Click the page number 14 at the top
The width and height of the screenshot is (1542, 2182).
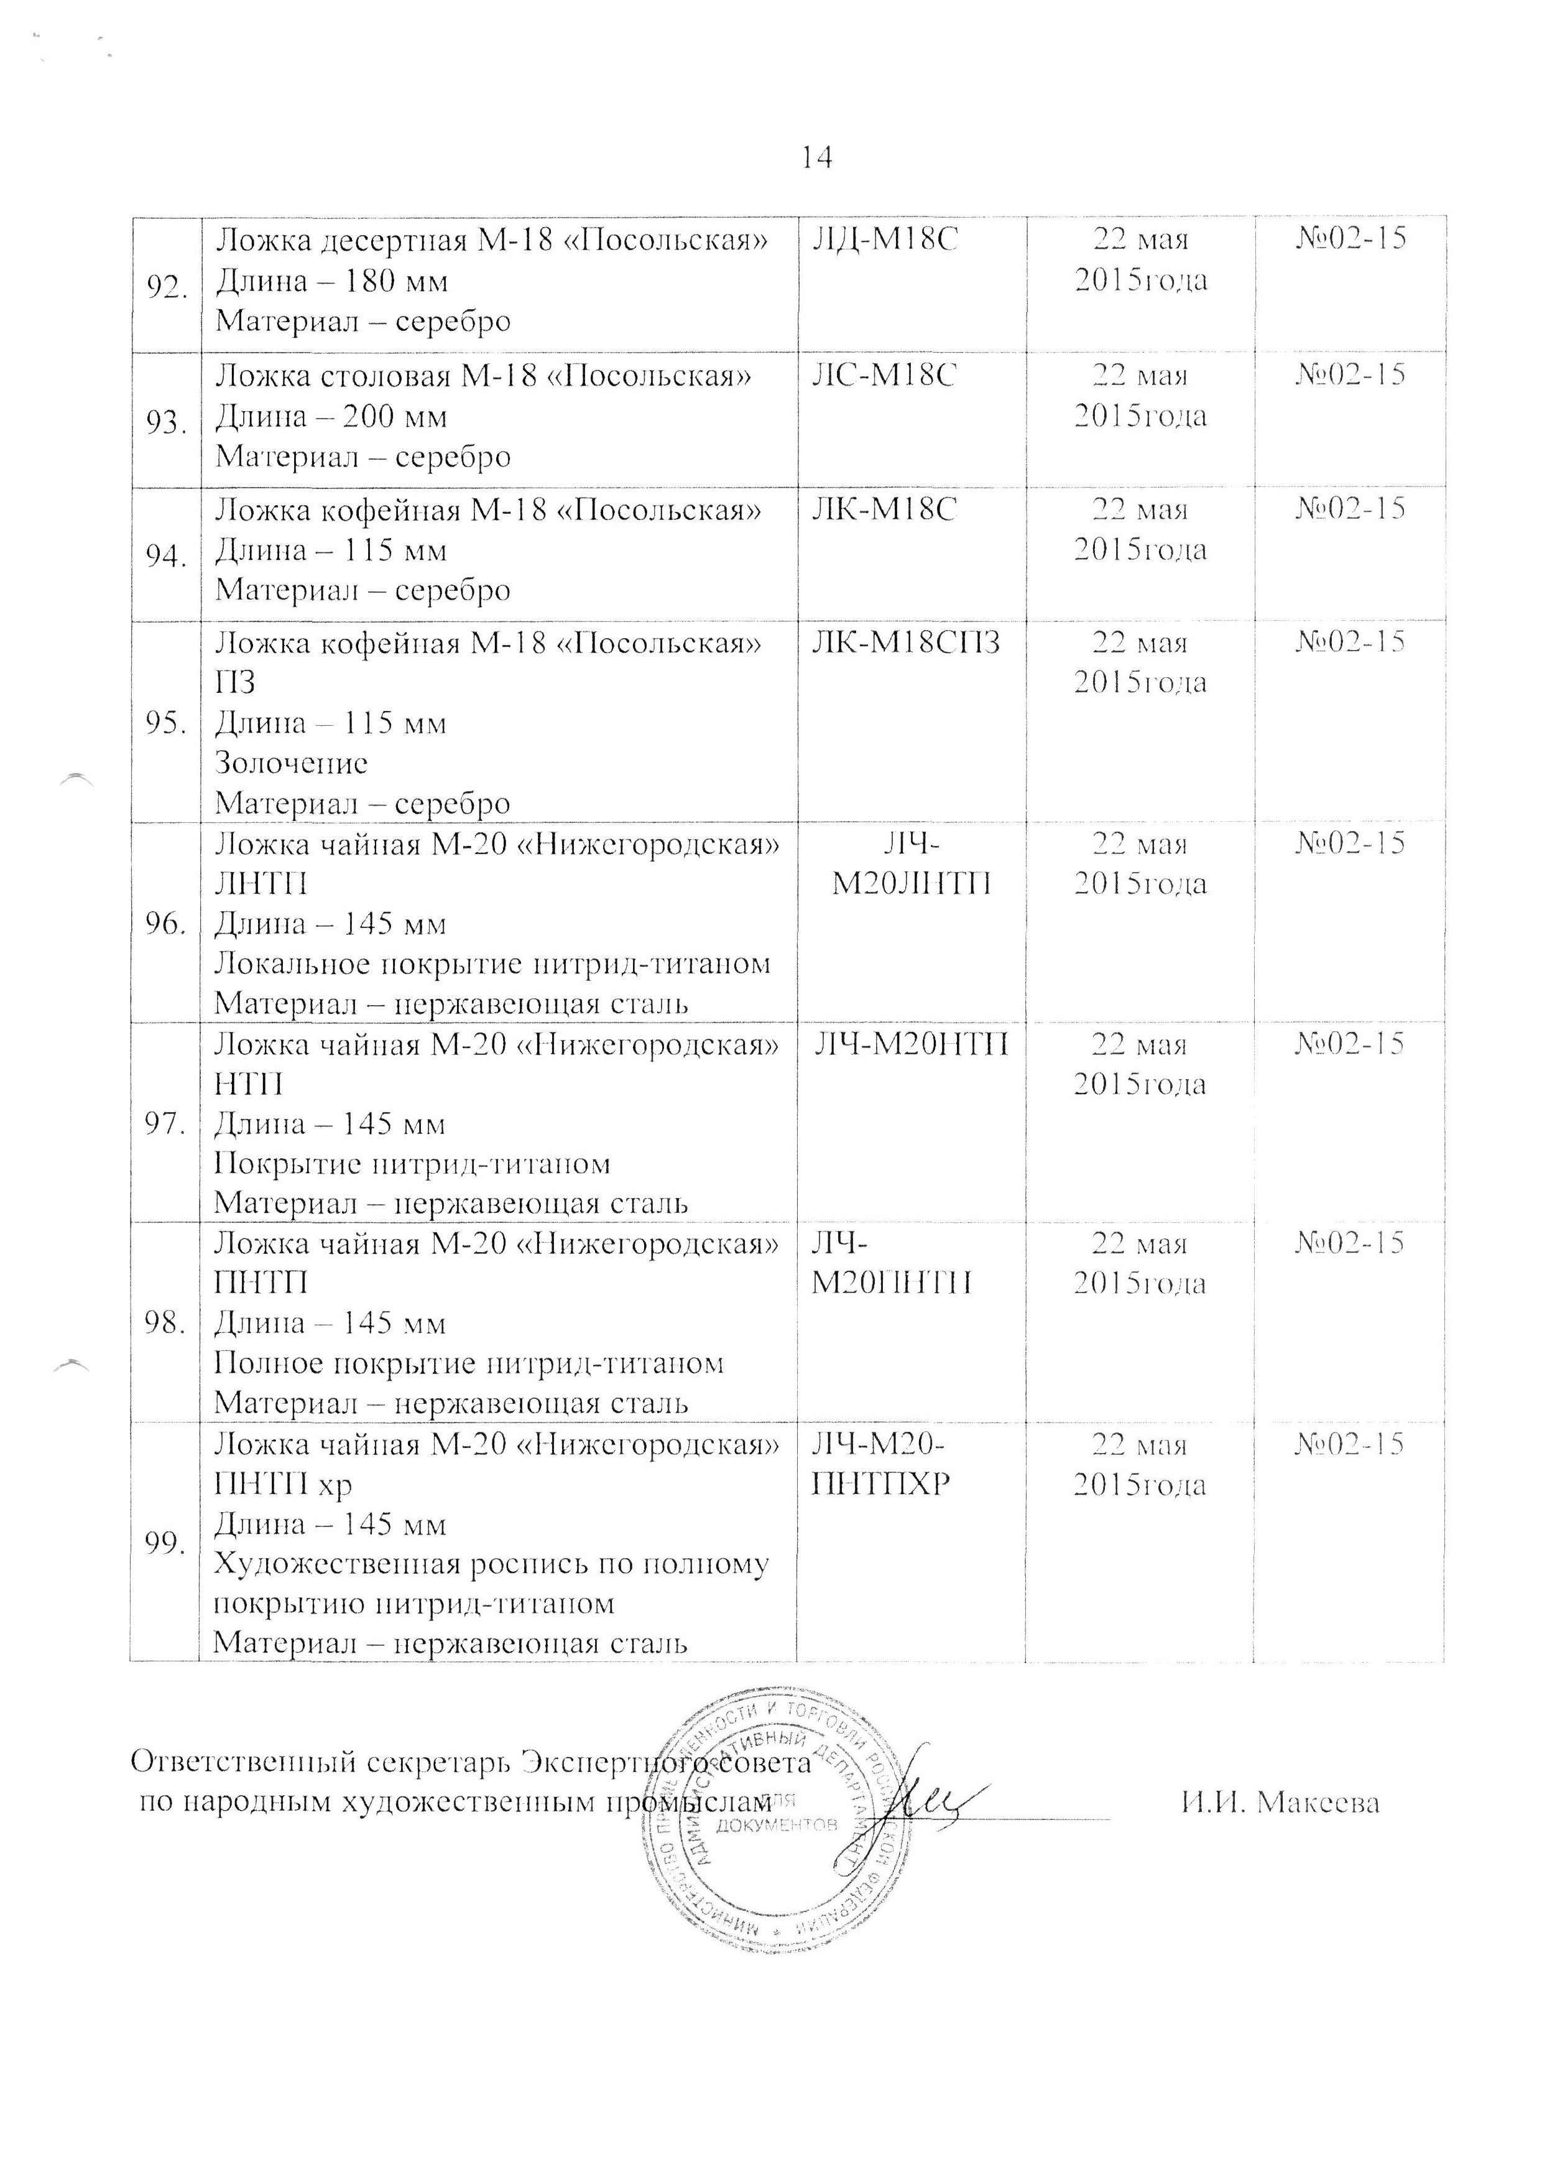click(817, 158)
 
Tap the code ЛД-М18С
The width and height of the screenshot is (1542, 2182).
click(884, 239)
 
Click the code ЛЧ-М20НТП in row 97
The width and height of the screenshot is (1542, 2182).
click(910, 1044)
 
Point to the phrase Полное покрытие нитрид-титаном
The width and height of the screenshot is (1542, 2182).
click(468, 1363)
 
